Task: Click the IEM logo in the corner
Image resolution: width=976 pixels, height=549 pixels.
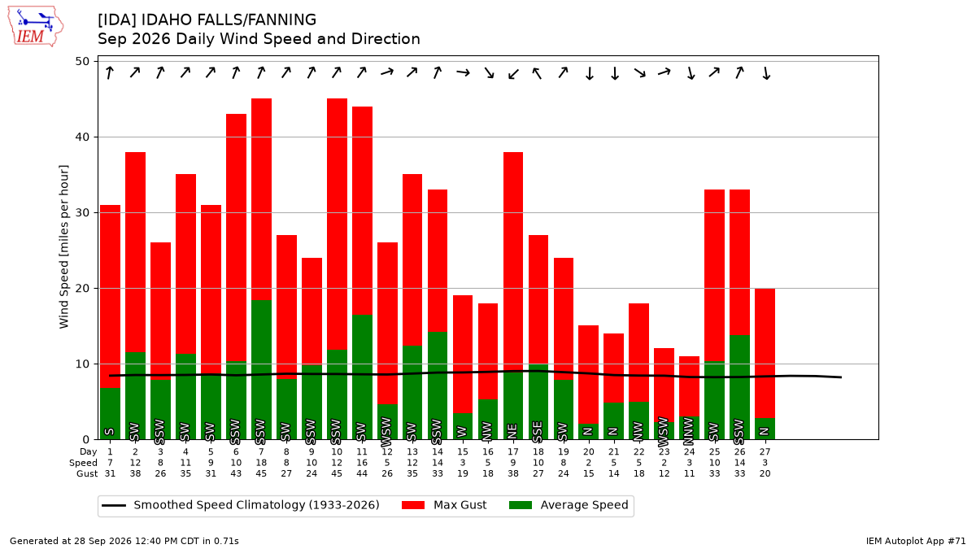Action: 35,27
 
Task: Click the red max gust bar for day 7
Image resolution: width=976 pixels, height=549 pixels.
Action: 261,199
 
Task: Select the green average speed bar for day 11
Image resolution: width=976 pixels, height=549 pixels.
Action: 362,377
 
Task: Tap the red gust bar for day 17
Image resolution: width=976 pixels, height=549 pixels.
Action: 513,261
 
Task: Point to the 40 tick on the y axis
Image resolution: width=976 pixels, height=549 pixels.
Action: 82,137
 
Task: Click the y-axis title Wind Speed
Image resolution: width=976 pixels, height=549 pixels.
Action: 63,246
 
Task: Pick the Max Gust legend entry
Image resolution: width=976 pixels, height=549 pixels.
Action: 443,505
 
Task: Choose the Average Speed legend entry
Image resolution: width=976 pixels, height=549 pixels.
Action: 569,505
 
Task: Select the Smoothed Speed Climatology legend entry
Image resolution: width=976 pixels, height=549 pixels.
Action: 241,505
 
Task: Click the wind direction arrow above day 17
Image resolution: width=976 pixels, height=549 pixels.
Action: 514,74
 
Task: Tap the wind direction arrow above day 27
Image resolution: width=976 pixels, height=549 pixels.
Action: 766,73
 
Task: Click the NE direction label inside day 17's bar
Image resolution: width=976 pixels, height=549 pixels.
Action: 512,431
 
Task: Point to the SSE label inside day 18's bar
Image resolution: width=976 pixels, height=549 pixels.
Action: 538,431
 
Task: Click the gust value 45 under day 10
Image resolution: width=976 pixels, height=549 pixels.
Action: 337,473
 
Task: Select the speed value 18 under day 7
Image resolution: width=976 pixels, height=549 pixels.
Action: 261,463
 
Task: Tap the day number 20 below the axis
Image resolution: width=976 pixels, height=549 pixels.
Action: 588,452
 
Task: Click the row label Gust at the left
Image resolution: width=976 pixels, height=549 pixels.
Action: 87,473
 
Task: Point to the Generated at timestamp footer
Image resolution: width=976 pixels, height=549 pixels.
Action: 124,541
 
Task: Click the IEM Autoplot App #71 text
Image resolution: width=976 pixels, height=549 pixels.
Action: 916,541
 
